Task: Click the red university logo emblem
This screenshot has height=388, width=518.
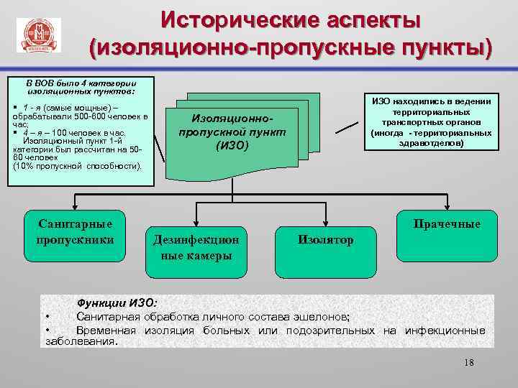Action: (38, 34)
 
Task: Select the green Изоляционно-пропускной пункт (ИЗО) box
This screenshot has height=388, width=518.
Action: (232, 131)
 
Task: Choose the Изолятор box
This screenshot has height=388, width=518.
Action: (325, 240)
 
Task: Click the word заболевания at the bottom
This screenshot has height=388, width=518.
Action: (80, 342)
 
